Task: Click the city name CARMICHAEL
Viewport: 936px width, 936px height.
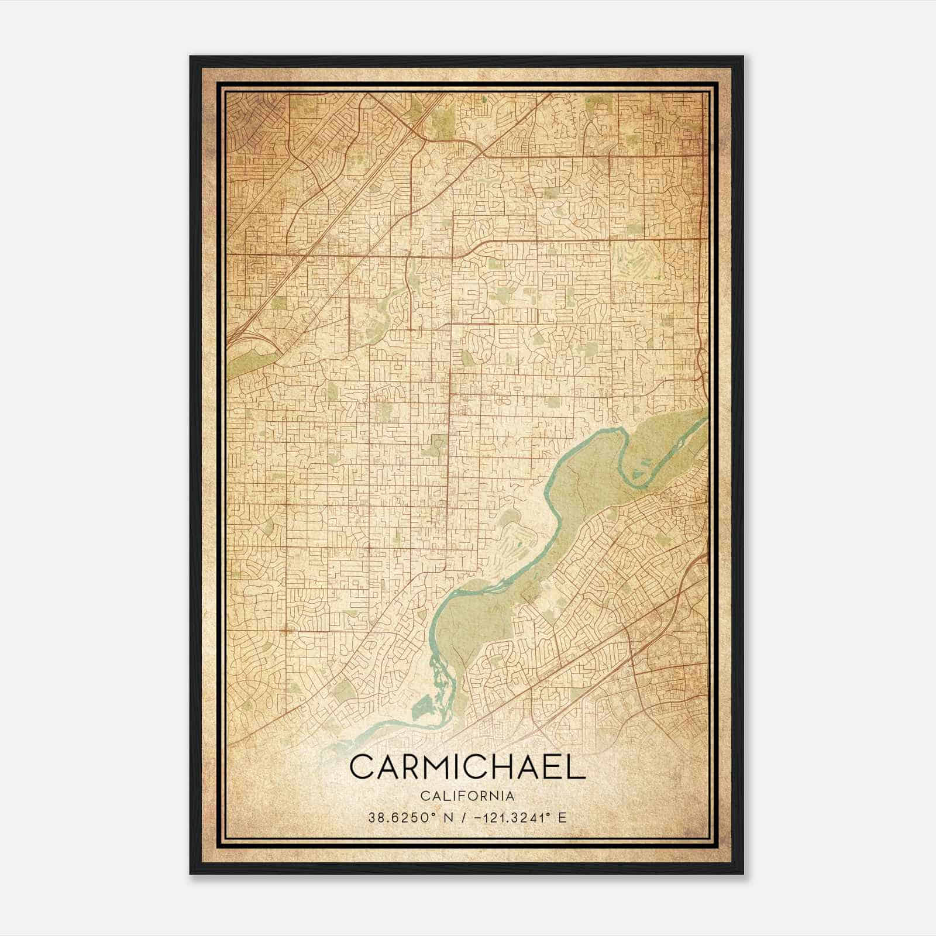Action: (x=467, y=767)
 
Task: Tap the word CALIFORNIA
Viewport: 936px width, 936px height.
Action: (x=467, y=796)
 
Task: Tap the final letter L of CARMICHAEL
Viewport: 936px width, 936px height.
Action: (x=577, y=767)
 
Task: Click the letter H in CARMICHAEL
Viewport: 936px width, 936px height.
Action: (x=508, y=767)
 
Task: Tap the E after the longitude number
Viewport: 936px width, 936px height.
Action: (x=562, y=818)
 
